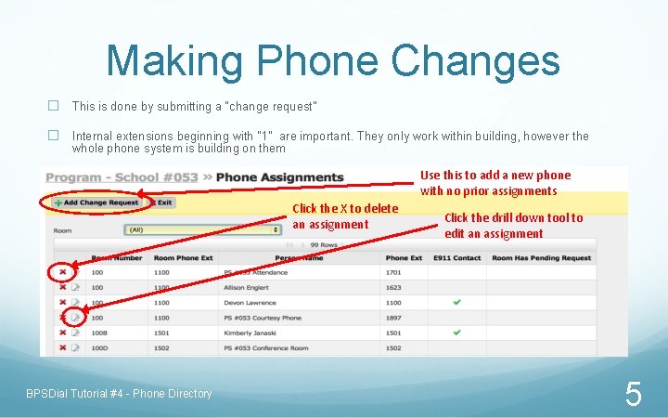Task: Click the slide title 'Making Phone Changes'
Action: (333, 60)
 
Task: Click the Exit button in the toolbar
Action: (163, 202)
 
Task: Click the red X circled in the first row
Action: (62, 272)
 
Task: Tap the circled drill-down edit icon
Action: (75, 317)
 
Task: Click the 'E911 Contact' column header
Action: (456, 258)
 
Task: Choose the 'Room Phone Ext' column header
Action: (183, 258)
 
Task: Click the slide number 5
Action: (633, 395)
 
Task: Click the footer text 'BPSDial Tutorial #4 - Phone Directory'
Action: (119, 394)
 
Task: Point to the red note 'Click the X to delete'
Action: (344, 208)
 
